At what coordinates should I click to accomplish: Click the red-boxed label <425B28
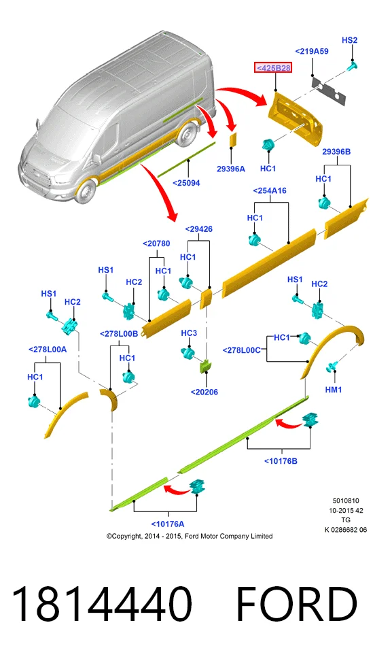coord(273,67)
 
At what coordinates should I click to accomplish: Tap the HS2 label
coord(349,40)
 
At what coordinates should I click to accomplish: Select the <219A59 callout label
coord(311,51)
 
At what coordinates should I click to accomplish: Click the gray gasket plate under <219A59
coord(329,90)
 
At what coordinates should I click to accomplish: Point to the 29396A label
coord(231,169)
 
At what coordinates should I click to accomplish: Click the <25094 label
coord(186,183)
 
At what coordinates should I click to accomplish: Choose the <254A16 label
coord(270,191)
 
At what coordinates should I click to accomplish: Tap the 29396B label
coord(336,152)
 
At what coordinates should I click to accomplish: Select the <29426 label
coord(198,229)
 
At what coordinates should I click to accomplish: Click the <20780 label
coord(156,243)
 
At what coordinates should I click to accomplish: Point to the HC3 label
coord(189,333)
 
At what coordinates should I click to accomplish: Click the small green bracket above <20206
coord(205,366)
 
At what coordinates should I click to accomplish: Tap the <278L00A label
coord(48,350)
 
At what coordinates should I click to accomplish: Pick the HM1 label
coord(334,390)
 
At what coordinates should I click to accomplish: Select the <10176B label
coord(281,461)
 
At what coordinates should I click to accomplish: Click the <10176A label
coord(167,524)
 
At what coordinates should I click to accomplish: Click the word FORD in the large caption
coord(297,604)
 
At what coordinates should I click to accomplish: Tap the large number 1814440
coord(102,604)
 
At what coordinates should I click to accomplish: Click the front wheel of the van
coord(87,191)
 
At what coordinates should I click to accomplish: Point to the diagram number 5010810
coord(346,501)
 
